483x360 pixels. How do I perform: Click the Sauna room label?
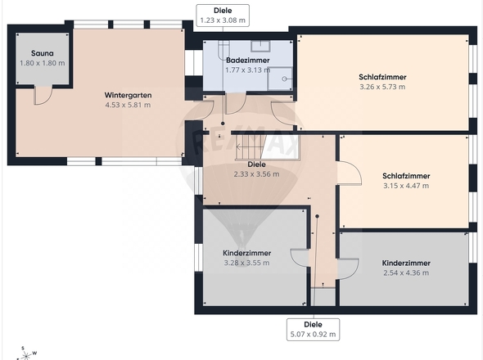tap(43, 53)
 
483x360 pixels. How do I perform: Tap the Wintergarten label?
tap(128, 95)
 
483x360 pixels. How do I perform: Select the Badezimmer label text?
tap(248, 61)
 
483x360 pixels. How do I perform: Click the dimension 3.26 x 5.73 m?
tap(382, 87)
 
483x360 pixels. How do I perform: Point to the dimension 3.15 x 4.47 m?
tap(406, 186)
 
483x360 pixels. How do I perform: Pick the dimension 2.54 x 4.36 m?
tap(406, 272)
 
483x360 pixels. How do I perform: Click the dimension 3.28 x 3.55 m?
tap(246, 263)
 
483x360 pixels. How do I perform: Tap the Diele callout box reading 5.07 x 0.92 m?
tap(313, 330)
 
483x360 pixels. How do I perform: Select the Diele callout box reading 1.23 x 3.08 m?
tap(223, 16)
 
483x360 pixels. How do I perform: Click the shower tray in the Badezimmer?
tap(280, 79)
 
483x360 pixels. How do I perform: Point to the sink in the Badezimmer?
tap(260, 46)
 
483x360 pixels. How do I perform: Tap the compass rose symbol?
tap(26, 354)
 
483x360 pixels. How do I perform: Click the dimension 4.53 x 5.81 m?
tap(128, 105)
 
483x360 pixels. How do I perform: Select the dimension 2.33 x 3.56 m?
tap(256, 174)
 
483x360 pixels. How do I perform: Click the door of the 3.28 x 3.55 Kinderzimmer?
tap(300, 257)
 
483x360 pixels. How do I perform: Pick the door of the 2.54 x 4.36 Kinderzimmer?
tap(349, 269)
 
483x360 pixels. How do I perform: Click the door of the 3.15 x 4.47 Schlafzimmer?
tap(350, 173)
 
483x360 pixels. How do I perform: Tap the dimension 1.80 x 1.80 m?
tap(43, 63)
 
